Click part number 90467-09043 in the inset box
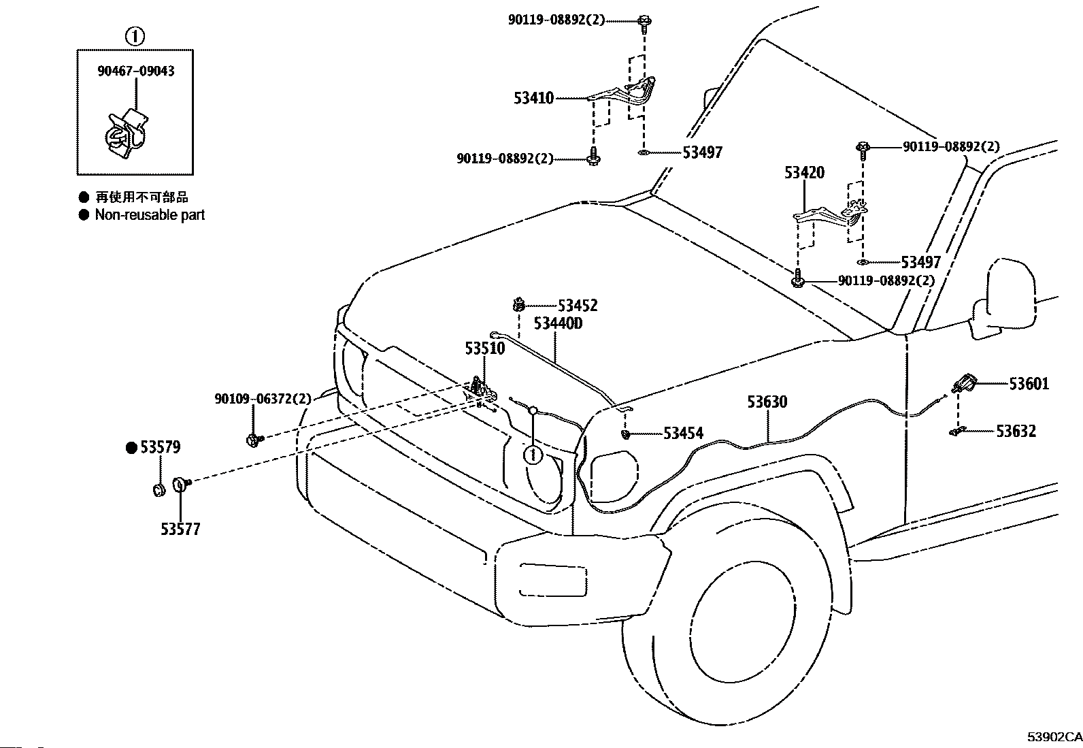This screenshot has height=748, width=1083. [x=135, y=71]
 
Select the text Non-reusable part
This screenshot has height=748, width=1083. [x=150, y=215]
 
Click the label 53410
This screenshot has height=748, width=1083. [x=534, y=99]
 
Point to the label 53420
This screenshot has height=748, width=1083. [x=804, y=172]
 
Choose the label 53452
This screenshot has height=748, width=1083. [x=578, y=306]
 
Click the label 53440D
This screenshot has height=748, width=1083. [x=558, y=323]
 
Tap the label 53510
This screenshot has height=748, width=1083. [x=485, y=348]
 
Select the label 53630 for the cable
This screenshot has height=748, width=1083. [x=767, y=402]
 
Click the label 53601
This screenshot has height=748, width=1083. [x=1029, y=384]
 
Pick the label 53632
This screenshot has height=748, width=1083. [x=1016, y=431]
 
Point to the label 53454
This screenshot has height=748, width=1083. [x=683, y=433]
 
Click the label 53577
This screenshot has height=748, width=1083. [x=180, y=529]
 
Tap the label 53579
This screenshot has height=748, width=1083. [x=160, y=448]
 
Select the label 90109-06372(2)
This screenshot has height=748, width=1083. [x=263, y=400]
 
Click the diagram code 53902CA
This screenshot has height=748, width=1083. [x=1054, y=736]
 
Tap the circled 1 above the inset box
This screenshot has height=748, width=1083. [x=135, y=36]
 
